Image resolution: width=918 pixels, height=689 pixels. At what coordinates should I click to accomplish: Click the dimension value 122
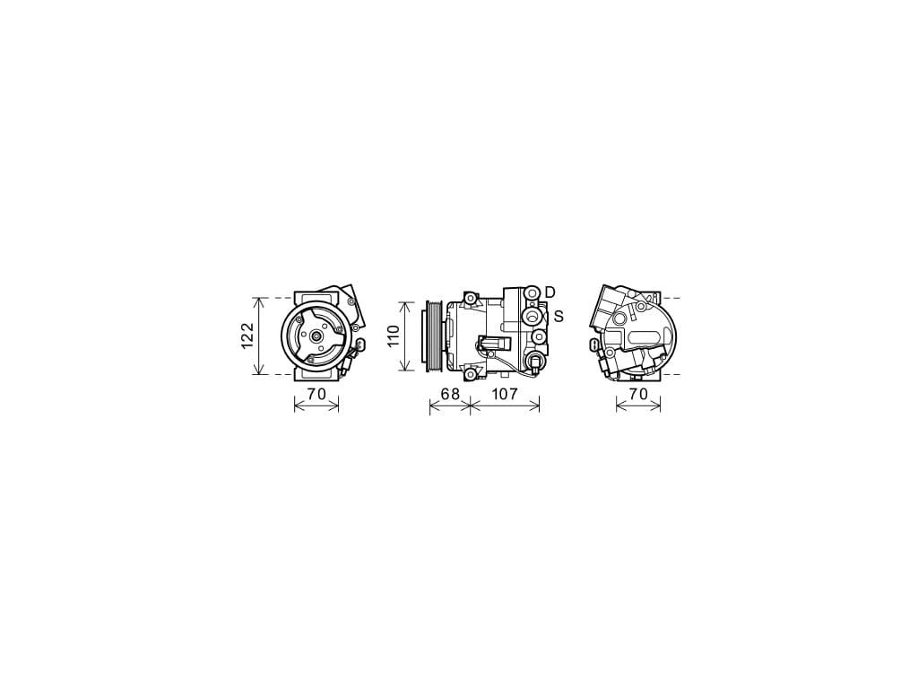(x=247, y=336)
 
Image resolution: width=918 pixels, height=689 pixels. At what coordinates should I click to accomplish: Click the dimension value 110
(x=393, y=336)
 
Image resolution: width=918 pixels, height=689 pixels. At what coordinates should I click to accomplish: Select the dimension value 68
(x=450, y=395)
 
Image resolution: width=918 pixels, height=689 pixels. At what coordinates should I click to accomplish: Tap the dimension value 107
(x=505, y=395)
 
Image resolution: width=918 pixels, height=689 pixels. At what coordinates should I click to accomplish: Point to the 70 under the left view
(x=316, y=395)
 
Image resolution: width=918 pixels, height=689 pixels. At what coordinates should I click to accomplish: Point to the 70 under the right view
(x=638, y=395)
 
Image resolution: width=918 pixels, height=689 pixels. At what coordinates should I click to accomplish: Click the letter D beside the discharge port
(x=550, y=292)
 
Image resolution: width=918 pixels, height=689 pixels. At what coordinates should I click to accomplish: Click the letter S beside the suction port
(x=559, y=317)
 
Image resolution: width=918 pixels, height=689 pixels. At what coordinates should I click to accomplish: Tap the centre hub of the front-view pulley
(x=316, y=336)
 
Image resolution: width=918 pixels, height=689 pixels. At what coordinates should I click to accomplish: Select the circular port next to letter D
(x=533, y=292)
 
